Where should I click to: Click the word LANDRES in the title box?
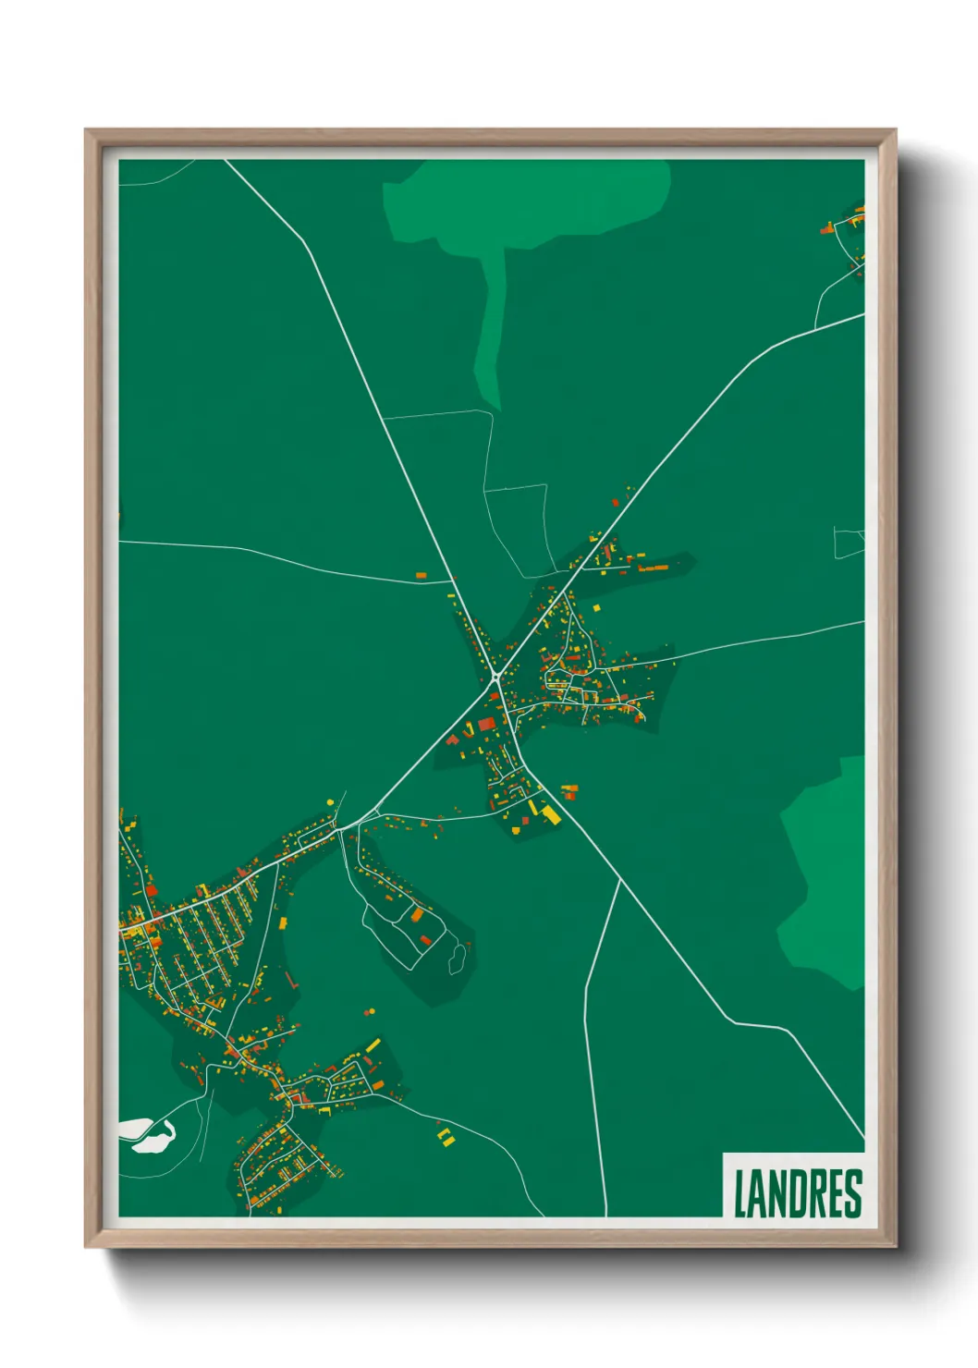[797, 1192]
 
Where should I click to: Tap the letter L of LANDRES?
[740, 1192]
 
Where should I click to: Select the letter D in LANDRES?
[797, 1192]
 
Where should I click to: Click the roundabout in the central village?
[495, 678]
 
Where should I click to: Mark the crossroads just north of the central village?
[455, 581]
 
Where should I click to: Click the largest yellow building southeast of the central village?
[551, 814]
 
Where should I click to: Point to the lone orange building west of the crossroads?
[421, 575]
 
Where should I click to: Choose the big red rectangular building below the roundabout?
[486, 724]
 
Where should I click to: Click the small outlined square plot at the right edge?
[848, 543]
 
